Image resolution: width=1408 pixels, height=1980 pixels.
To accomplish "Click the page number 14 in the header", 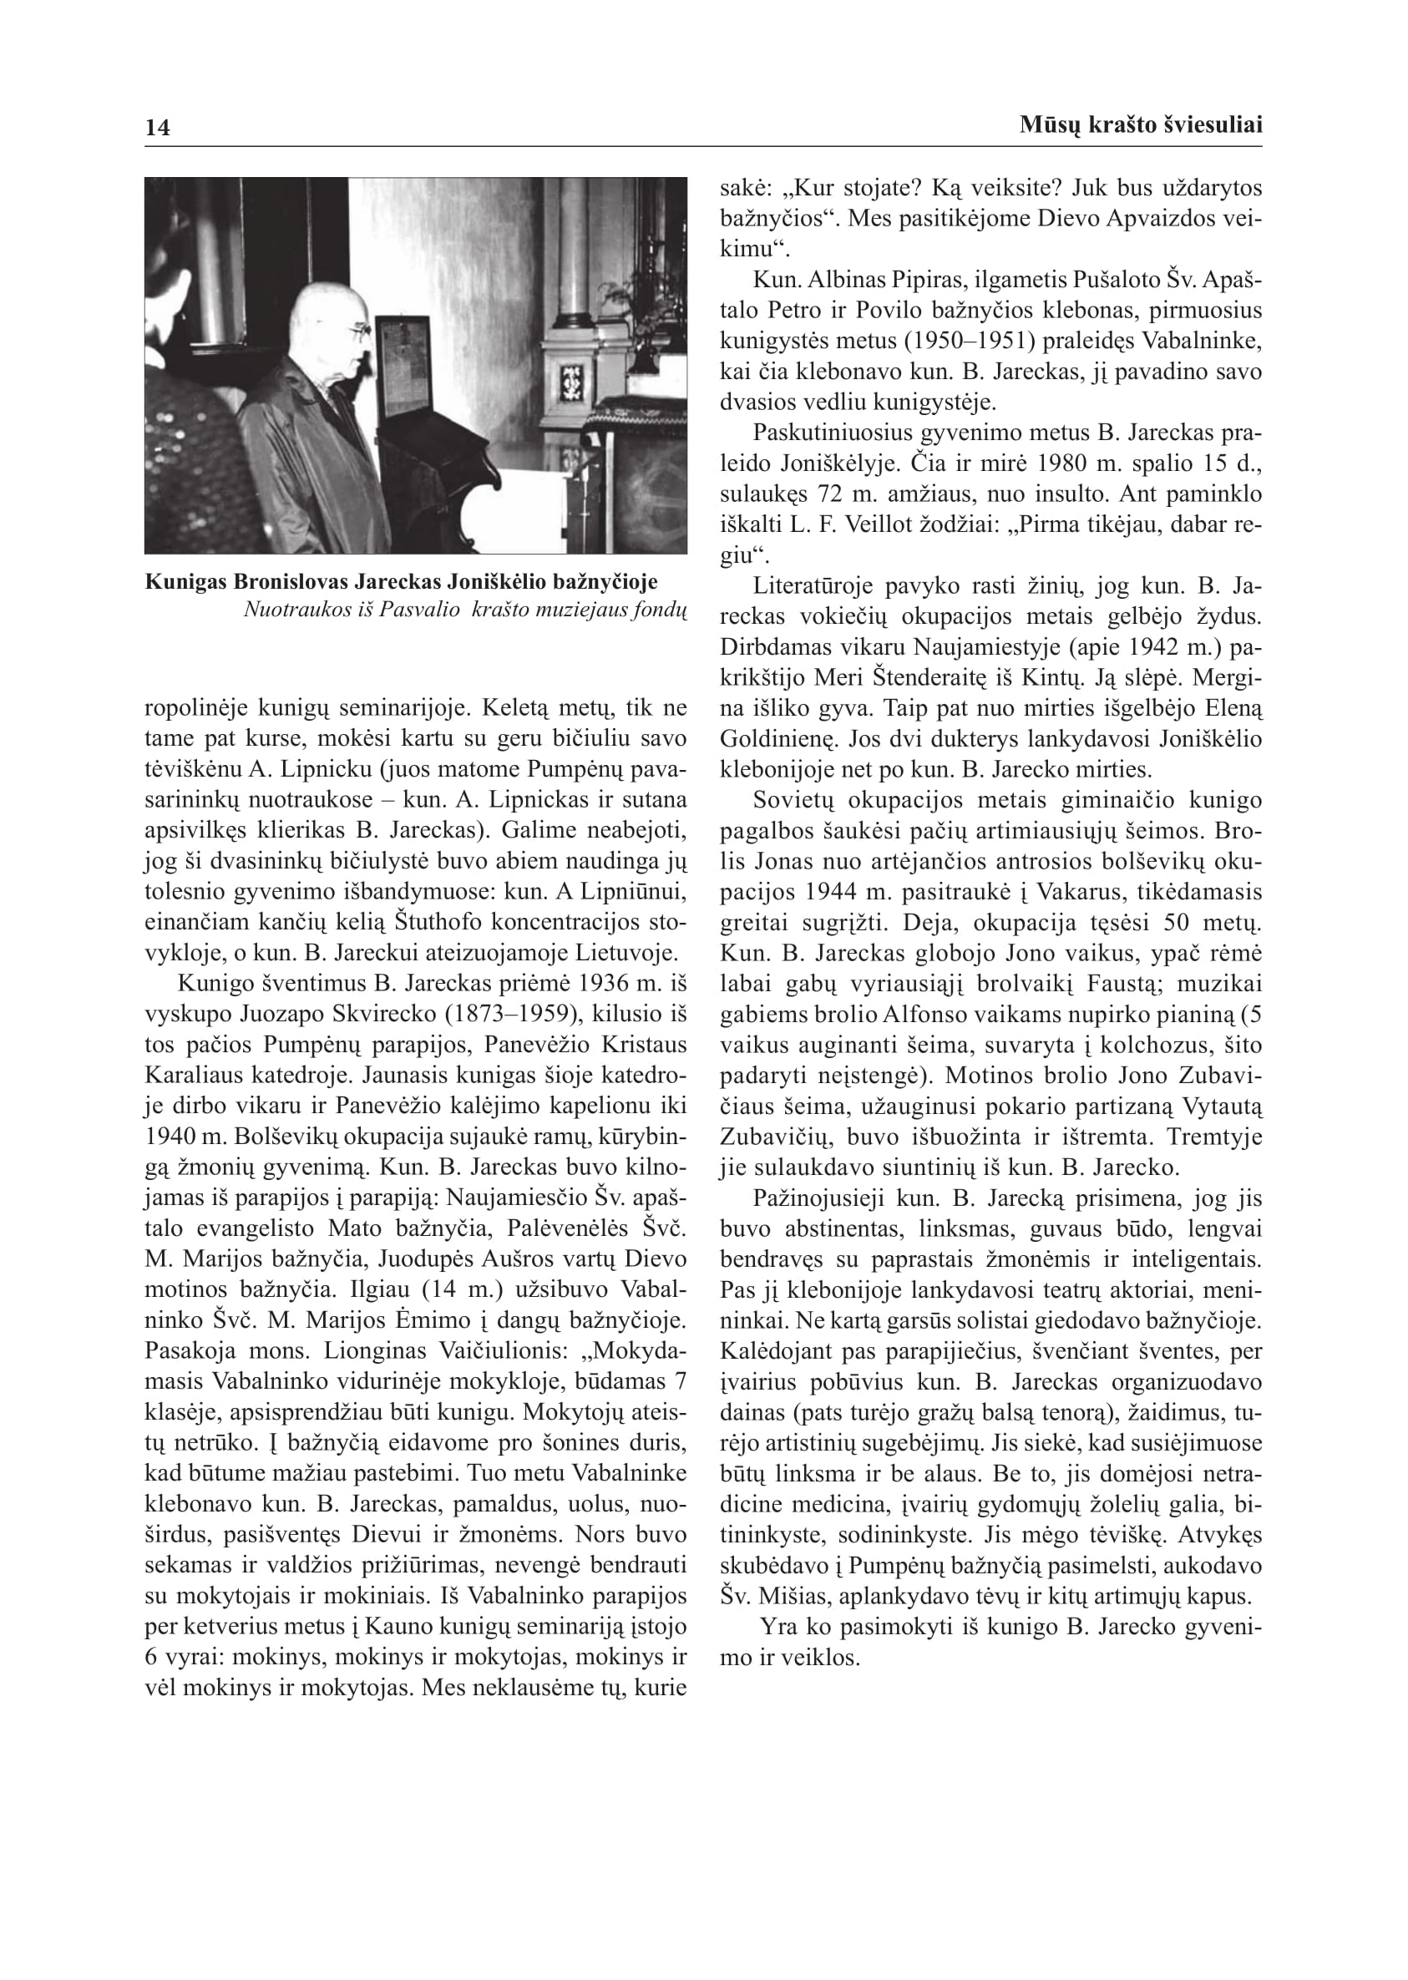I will click(158, 129).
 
